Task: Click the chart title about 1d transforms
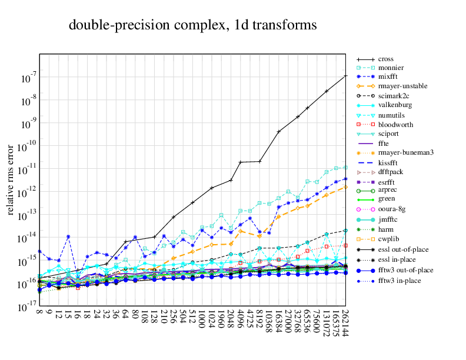tap(193, 25)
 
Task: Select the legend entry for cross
tap(386, 59)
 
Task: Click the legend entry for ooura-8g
tap(391, 209)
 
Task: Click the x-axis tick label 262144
tap(345, 325)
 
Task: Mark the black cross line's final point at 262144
tap(345, 76)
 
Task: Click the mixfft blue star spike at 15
tap(68, 236)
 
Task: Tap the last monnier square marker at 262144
tap(345, 167)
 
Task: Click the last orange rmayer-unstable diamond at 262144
tap(345, 187)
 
